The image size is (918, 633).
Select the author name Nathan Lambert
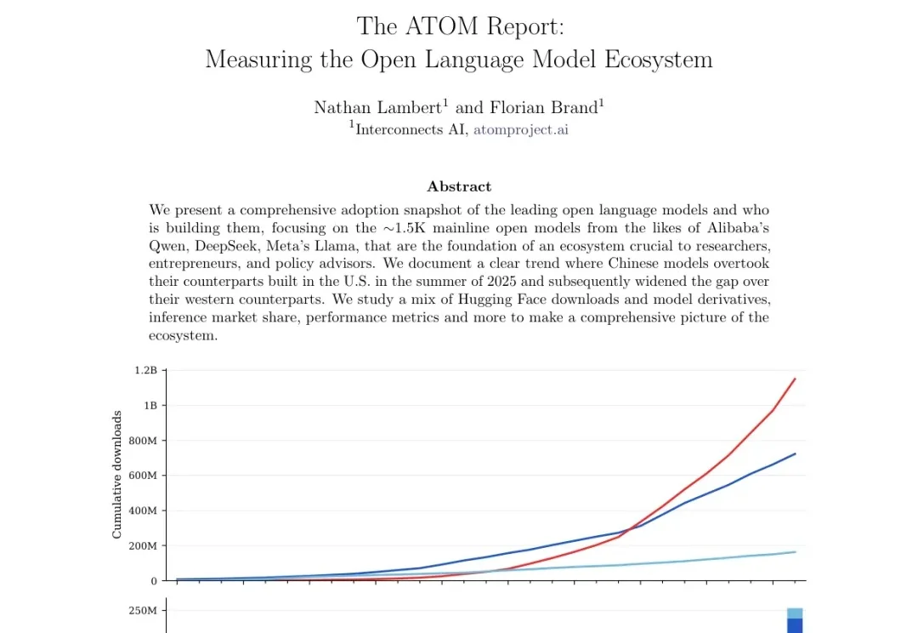click(x=378, y=107)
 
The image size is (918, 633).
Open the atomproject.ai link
click(x=520, y=129)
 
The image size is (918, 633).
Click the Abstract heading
click(x=459, y=186)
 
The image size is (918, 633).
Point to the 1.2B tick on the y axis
click(x=144, y=370)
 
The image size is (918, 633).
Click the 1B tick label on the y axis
click(x=150, y=406)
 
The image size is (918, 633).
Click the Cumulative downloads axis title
click(x=117, y=474)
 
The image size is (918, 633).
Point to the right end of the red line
click(x=795, y=379)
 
